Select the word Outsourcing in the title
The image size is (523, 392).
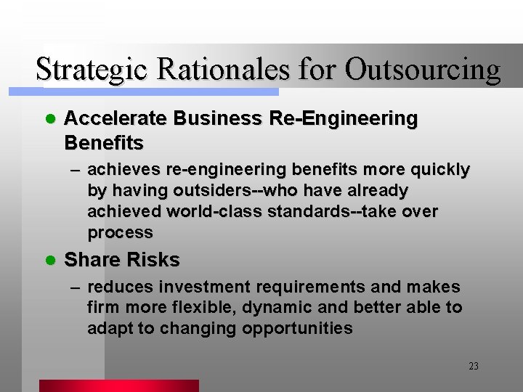coord(423,70)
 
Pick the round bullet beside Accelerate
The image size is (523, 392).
coord(49,119)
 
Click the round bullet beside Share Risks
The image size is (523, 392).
coord(49,260)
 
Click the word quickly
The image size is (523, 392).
coord(439,170)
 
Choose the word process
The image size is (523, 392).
coord(120,233)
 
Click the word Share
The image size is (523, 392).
coord(92,259)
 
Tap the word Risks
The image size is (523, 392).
coord(153,259)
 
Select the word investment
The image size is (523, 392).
coord(205,287)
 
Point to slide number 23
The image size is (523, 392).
coord(474,367)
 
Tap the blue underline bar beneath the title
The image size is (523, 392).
coord(160,92)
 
